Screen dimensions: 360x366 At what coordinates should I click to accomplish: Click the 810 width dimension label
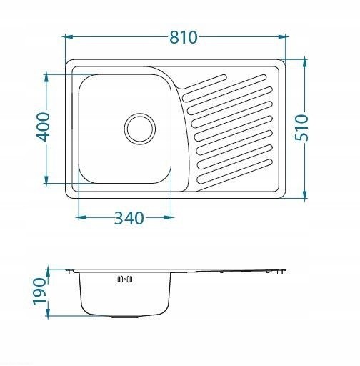tap(184, 37)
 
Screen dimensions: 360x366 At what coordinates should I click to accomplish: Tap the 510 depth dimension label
tap(301, 127)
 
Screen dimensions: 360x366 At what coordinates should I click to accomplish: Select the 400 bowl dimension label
tap(43, 127)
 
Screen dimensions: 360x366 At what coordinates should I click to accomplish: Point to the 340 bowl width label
tap(129, 218)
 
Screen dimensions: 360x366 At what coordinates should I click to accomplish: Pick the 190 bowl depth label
tap(39, 291)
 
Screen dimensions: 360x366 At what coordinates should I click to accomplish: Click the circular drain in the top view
tap(140, 129)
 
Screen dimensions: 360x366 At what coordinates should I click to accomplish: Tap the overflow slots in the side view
tap(125, 279)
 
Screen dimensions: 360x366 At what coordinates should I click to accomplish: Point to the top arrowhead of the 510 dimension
tap(305, 63)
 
